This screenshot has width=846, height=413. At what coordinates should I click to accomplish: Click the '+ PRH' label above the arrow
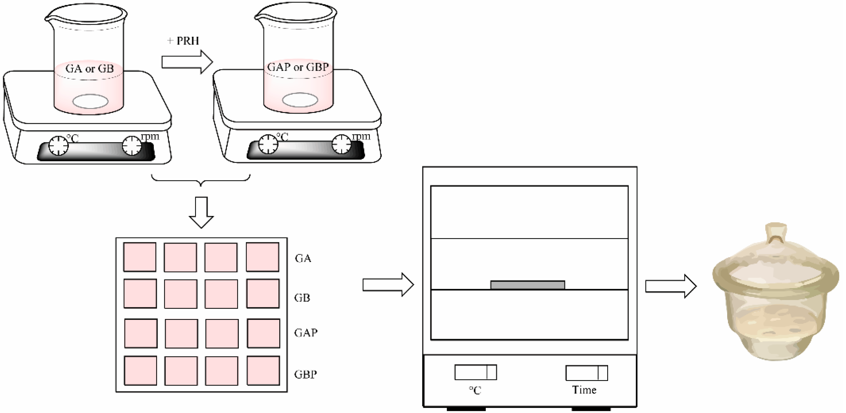(183, 41)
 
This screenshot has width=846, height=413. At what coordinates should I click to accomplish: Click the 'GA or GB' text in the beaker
(89, 69)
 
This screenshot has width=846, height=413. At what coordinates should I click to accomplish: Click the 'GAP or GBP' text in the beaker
(298, 67)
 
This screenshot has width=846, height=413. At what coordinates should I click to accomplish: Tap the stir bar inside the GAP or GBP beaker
(300, 100)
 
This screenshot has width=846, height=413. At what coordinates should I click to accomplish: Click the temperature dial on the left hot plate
(59, 146)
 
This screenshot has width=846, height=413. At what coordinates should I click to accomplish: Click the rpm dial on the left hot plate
(132, 146)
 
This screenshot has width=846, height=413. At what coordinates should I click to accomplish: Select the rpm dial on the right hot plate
(341, 144)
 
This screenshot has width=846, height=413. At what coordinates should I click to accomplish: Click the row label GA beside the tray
(303, 258)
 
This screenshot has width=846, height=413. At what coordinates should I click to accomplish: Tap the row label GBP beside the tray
(305, 374)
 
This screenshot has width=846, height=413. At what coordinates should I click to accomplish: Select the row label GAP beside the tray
(306, 333)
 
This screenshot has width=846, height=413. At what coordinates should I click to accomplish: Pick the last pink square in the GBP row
(263, 371)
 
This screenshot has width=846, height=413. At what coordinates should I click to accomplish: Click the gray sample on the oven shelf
(527, 285)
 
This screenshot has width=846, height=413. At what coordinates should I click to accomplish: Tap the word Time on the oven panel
(584, 390)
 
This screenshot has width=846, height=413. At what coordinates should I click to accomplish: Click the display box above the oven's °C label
(475, 372)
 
